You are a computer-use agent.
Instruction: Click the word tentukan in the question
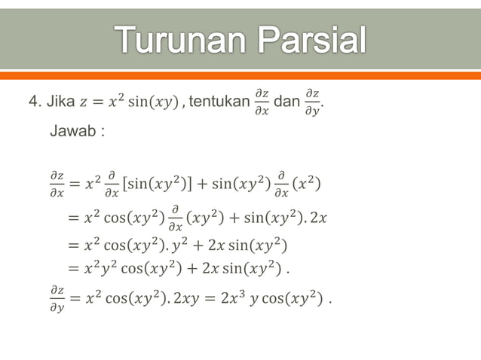[219, 101]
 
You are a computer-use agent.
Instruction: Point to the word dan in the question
[286, 101]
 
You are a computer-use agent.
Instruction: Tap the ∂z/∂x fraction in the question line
[261, 101]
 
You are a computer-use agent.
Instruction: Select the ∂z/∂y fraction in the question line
[312, 101]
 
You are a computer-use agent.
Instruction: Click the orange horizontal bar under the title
[240, 75]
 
